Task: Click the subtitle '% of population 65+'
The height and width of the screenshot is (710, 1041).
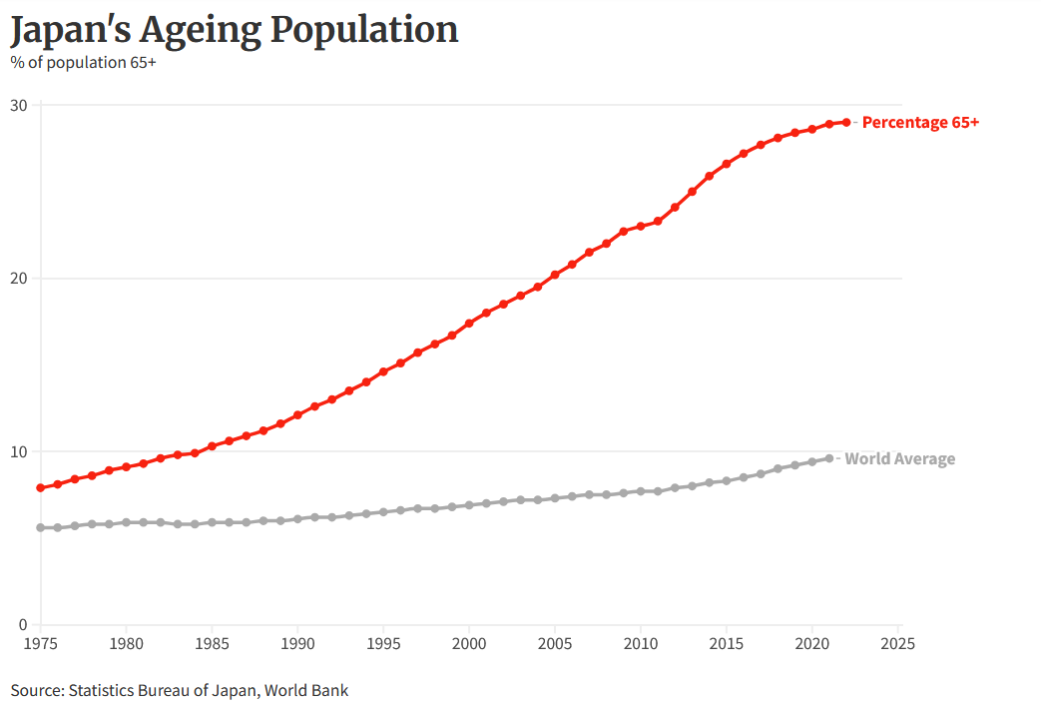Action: pyautogui.click(x=83, y=62)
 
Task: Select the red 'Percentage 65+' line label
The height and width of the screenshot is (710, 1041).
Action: pyautogui.click(x=920, y=122)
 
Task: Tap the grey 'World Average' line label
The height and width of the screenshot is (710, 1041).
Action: pyautogui.click(x=899, y=459)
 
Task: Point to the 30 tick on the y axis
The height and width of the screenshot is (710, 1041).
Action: pyautogui.click(x=19, y=105)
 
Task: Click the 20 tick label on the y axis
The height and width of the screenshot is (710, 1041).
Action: pyautogui.click(x=19, y=278)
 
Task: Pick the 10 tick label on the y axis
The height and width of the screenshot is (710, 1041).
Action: pyautogui.click(x=19, y=451)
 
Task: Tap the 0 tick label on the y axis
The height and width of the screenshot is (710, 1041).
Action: pyautogui.click(x=23, y=625)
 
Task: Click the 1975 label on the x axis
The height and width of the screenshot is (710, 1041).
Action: pyautogui.click(x=40, y=643)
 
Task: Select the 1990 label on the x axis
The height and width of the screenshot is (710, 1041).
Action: pyautogui.click(x=297, y=643)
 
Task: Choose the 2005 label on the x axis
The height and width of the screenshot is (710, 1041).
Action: pyautogui.click(x=555, y=643)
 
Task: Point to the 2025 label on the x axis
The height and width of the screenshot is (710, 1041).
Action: pyautogui.click(x=898, y=643)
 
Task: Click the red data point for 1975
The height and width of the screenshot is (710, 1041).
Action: pyautogui.click(x=40, y=487)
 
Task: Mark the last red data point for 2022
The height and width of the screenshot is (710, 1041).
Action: pyautogui.click(x=846, y=122)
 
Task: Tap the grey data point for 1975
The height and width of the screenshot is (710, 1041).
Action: pyautogui.click(x=40, y=527)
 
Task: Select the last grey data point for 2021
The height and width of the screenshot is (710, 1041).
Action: pyautogui.click(x=829, y=458)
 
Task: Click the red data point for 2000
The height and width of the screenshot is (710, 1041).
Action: pyautogui.click(x=469, y=324)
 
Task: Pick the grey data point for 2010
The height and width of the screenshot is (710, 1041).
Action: pyautogui.click(x=641, y=491)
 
